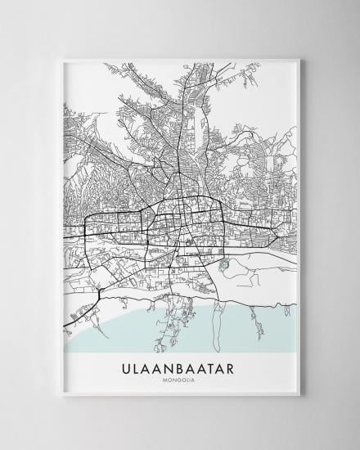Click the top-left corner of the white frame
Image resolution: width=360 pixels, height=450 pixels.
pos(61,58)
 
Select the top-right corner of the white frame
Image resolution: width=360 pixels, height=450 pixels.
pos(300,58)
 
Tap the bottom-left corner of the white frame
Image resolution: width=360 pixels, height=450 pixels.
pos(61,397)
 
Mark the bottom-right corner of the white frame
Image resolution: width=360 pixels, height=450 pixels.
pos(300,397)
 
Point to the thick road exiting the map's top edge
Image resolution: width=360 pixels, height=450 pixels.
pos(193,69)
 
